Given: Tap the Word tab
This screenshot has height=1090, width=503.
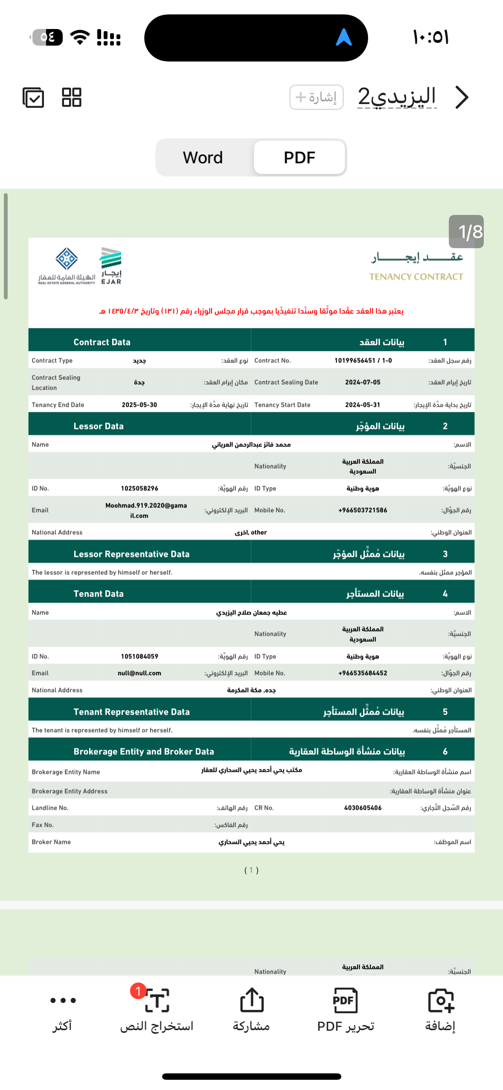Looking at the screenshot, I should click(203, 157).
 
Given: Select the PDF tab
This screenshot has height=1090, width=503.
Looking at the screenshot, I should click(299, 157).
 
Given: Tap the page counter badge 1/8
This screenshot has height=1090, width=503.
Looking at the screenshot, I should click(466, 232).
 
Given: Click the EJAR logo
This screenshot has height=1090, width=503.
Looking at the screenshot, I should click(111, 266).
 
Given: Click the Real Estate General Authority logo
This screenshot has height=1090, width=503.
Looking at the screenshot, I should click(67, 266).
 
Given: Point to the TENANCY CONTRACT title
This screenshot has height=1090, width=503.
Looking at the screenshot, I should click(416, 277).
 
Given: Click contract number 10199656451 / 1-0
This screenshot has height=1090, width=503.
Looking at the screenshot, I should click(363, 360).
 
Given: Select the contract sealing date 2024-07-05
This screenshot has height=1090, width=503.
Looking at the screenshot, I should click(363, 382).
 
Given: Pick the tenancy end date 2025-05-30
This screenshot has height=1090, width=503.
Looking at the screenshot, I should click(139, 405).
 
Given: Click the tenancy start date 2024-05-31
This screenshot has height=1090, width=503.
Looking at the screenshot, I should click(363, 405).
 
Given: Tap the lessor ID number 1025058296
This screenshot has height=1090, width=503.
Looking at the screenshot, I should click(139, 488).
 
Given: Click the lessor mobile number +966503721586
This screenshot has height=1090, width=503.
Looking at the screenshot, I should click(363, 510).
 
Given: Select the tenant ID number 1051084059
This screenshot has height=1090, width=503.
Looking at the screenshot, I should click(139, 656).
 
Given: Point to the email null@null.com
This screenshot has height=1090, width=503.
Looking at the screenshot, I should click(139, 673).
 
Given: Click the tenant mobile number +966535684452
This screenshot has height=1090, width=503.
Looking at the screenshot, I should click(363, 673).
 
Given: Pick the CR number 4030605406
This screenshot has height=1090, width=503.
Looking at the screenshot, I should click(363, 808).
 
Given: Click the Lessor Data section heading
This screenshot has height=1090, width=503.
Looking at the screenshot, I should click(99, 426).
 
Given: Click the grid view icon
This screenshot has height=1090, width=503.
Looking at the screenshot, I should click(71, 97).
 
